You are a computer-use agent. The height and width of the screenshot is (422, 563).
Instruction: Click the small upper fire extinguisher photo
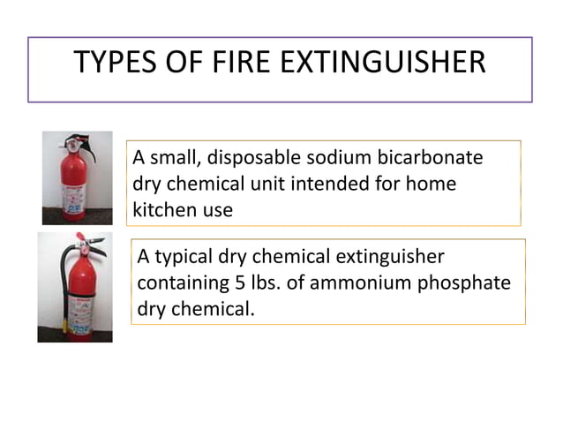[78, 177]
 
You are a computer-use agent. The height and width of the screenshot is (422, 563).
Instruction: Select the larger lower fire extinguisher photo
[75, 287]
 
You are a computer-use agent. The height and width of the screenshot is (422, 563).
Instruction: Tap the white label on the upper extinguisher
[74, 191]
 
